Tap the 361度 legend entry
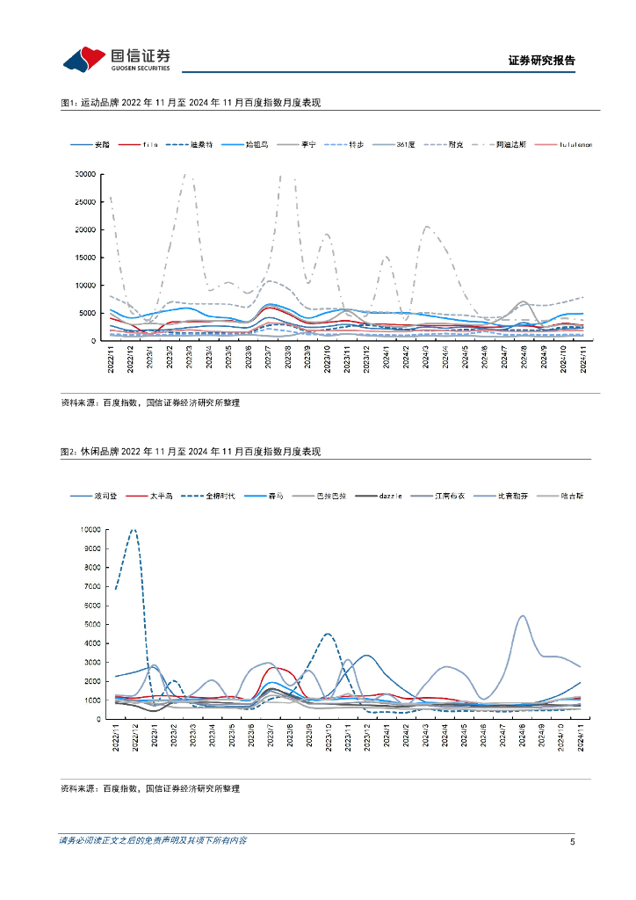(406, 144)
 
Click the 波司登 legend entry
(105, 496)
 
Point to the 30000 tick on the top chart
(84, 174)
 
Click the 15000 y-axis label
(84, 258)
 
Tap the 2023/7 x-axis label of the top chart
(269, 359)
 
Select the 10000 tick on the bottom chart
(90, 529)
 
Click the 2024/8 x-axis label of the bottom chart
(523, 737)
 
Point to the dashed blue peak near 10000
(134, 530)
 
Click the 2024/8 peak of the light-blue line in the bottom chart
(523, 616)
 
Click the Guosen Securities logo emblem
(83, 60)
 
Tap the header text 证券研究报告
(541, 61)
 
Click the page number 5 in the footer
(572, 841)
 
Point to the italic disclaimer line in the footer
(153, 841)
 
